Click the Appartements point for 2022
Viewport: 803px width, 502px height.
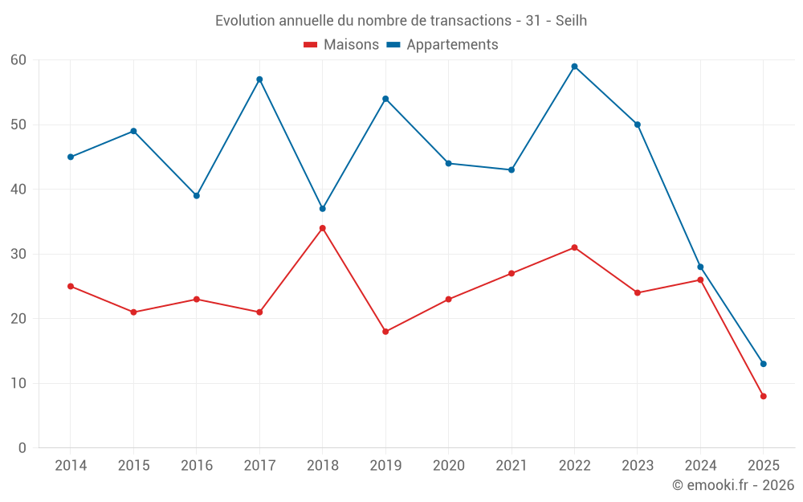click(x=574, y=67)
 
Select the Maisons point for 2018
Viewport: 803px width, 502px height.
click(x=323, y=228)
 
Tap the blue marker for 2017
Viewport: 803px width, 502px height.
click(x=259, y=80)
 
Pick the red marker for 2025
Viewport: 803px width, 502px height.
click(x=763, y=396)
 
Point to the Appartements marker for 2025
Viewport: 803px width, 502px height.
click(x=763, y=364)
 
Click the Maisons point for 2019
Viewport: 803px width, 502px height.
click(x=385, y=332)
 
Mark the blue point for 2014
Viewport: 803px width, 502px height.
click(x=71, y=157)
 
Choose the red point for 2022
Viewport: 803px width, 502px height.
click(x=574, y=247)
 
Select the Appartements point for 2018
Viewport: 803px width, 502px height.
click(x=323, y=209)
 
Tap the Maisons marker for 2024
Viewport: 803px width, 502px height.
click(x=700, y=280)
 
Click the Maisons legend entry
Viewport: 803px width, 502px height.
click(x=341, y=45)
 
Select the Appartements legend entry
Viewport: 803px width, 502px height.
click(x=442, y=45)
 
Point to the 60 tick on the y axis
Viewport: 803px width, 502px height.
click(x=18, y=60)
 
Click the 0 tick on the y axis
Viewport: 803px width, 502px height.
click(x=22, y=448)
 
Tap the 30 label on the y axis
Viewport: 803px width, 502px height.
click(x=18, y=254)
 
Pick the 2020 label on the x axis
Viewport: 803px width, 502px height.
click(x=448, y=466)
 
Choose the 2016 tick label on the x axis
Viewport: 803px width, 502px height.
click(x=197, y=466)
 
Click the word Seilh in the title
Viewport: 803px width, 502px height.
click(x=571, y=21)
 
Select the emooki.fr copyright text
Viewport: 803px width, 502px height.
click(x=733, y=485)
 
